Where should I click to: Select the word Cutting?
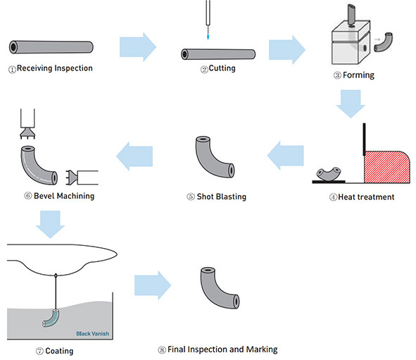pos(222,68)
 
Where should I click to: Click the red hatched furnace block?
pos(385,167)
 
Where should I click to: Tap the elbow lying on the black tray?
pos(329,175)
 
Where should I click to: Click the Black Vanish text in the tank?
pos(92,333)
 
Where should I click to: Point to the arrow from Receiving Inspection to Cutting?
pos(138,47)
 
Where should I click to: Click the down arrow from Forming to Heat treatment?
pos(351,104)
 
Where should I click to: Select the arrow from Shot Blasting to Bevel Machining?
pos(134,156)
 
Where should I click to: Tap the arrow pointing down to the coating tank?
pos(50,224)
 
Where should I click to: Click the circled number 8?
pos(162,350)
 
